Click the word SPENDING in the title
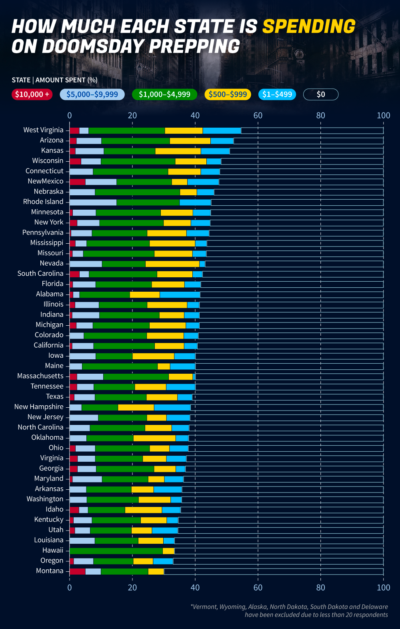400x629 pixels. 308,26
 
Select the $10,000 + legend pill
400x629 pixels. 32,94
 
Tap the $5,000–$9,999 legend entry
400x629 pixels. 92,94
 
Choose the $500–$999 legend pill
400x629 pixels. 228,94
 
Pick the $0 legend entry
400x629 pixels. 321,94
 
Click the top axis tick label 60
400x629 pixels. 258,116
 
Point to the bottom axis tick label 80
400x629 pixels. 321,587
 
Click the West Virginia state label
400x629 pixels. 43,130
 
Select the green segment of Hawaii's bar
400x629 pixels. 116,551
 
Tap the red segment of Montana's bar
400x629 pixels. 77,571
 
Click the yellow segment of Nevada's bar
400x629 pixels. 172,264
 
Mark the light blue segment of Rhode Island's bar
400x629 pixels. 93,202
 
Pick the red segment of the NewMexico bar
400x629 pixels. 77,182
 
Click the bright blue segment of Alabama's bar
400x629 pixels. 180,294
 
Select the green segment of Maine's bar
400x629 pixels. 120,366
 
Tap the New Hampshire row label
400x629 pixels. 39,407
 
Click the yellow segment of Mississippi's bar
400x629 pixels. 172,243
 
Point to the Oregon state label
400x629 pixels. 52,561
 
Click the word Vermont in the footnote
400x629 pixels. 204,607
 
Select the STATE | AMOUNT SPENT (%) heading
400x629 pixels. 54,80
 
